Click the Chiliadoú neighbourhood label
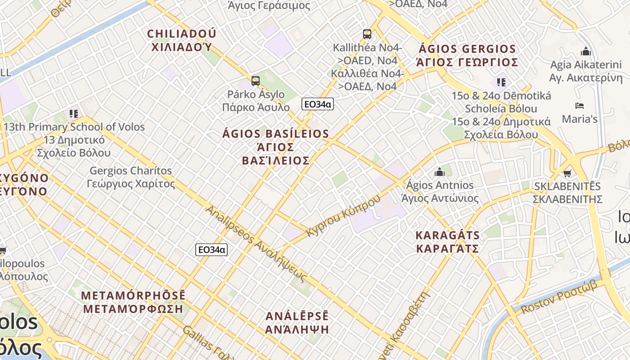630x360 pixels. (182, 40)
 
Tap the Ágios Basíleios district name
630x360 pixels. (276, 147)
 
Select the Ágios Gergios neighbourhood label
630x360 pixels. (467, 55)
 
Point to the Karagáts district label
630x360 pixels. (447, 242)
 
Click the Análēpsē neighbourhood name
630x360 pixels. (297, 322)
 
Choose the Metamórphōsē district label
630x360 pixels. (133, 302)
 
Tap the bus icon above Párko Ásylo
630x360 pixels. (256, 81)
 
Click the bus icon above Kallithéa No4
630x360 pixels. (367, 34)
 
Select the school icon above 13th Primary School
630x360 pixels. (74, 113)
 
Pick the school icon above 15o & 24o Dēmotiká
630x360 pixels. (501, 82)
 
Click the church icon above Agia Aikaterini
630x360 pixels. (585, 51)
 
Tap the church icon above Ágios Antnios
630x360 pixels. (440, 171)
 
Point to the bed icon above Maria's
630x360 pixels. (580, 106)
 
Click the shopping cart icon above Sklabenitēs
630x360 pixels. (567, 173)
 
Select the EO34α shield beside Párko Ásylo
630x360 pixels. (317, 104)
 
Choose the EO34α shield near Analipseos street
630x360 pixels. (211, 250)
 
